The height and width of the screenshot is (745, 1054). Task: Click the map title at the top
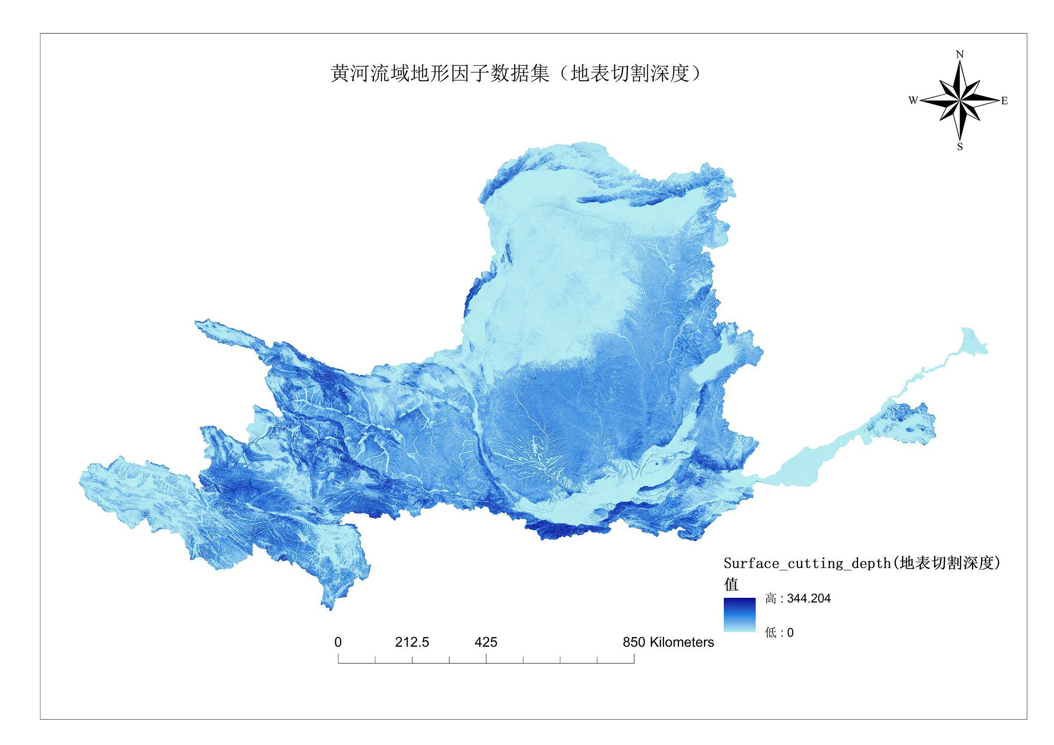(x=516, y=73)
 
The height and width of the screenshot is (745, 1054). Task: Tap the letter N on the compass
(x=959, y=54)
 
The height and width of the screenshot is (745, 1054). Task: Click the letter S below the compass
(x=960, y=147)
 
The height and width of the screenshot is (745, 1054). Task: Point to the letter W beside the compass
(x=913, y=101)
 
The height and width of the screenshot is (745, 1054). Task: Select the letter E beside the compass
(x=1004, y=101)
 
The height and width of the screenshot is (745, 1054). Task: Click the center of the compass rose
(x=960, y=101)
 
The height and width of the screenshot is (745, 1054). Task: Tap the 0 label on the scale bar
(x=338, y=642)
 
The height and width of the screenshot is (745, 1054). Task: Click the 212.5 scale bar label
(x=412, y=642)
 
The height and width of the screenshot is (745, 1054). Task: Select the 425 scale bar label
(x=486, y=642)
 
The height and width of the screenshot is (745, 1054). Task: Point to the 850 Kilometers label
(x=668, y=642)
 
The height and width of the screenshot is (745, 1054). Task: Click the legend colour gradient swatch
(x=740, y=615)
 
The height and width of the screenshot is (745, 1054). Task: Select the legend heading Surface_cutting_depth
(x=862, y=563)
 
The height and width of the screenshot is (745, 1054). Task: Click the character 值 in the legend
(x=731, y=584)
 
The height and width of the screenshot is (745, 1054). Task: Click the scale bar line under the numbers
(x=486, y=663)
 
